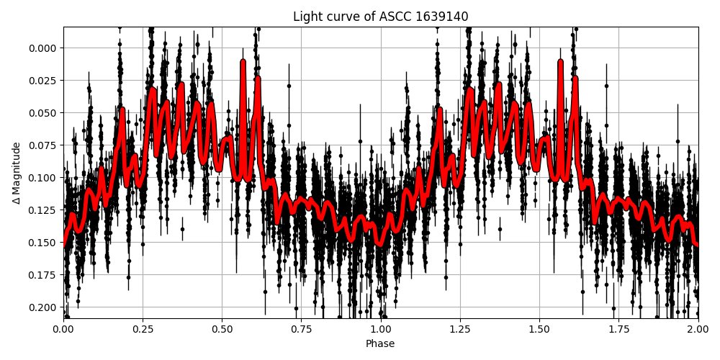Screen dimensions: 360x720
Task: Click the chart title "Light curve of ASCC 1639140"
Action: [380, 17]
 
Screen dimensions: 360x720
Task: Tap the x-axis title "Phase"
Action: [380, 343]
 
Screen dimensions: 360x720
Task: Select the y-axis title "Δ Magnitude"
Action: [16, 173]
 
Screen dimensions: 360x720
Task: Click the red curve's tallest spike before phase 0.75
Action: [243, 62]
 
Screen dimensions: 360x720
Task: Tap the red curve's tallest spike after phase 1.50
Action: [561, 62]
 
